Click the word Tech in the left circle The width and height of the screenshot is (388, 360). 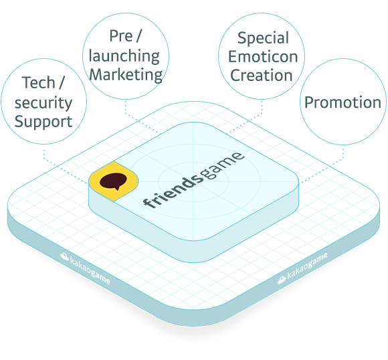click(x=38, y=82)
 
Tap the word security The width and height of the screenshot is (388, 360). click(x=43, y=103)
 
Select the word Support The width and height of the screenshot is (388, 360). click(x=43, y=122)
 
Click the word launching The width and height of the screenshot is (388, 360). click(x=124, y=56)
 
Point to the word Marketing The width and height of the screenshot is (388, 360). click(x=126, y=75)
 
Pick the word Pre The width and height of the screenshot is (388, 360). click(x=121, y=36)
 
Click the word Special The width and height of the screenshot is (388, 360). click(x=263, y=38)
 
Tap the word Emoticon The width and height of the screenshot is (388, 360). click(x=263, y=57)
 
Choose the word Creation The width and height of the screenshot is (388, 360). click(x=262, y=75)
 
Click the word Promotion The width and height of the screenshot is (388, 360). click(x=343, y=102)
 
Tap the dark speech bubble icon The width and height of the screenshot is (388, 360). click(x=113, y=181)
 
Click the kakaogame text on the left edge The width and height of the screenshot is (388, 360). click(x=90, y=271)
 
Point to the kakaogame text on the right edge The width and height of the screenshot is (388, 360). click(x=307, y=265)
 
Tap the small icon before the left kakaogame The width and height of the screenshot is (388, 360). click(x=64, y=256)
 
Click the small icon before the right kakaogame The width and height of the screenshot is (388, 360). click(x=282, y=280)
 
